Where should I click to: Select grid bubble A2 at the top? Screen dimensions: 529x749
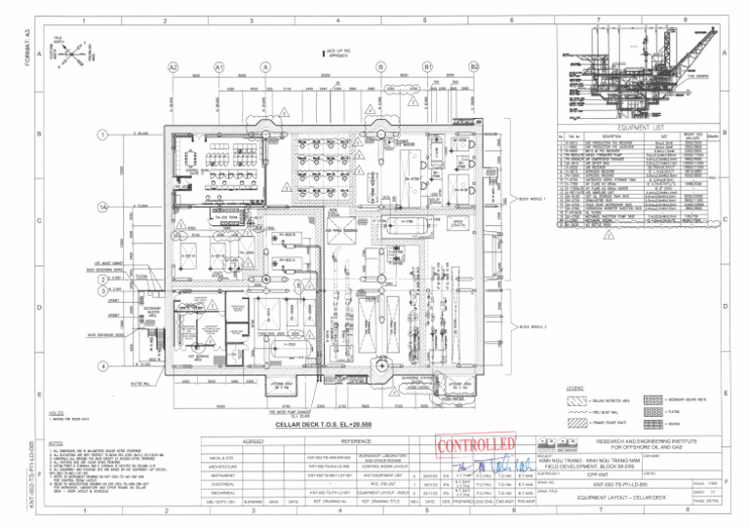(x=173, y=67)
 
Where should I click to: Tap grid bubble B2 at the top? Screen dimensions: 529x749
(x=475, y=67)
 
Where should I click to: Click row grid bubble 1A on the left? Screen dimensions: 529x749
(x=102, y=208)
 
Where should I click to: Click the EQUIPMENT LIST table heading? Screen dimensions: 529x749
(x=640, y=127)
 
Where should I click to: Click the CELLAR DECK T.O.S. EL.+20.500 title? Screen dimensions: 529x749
(x=322, y=426)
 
